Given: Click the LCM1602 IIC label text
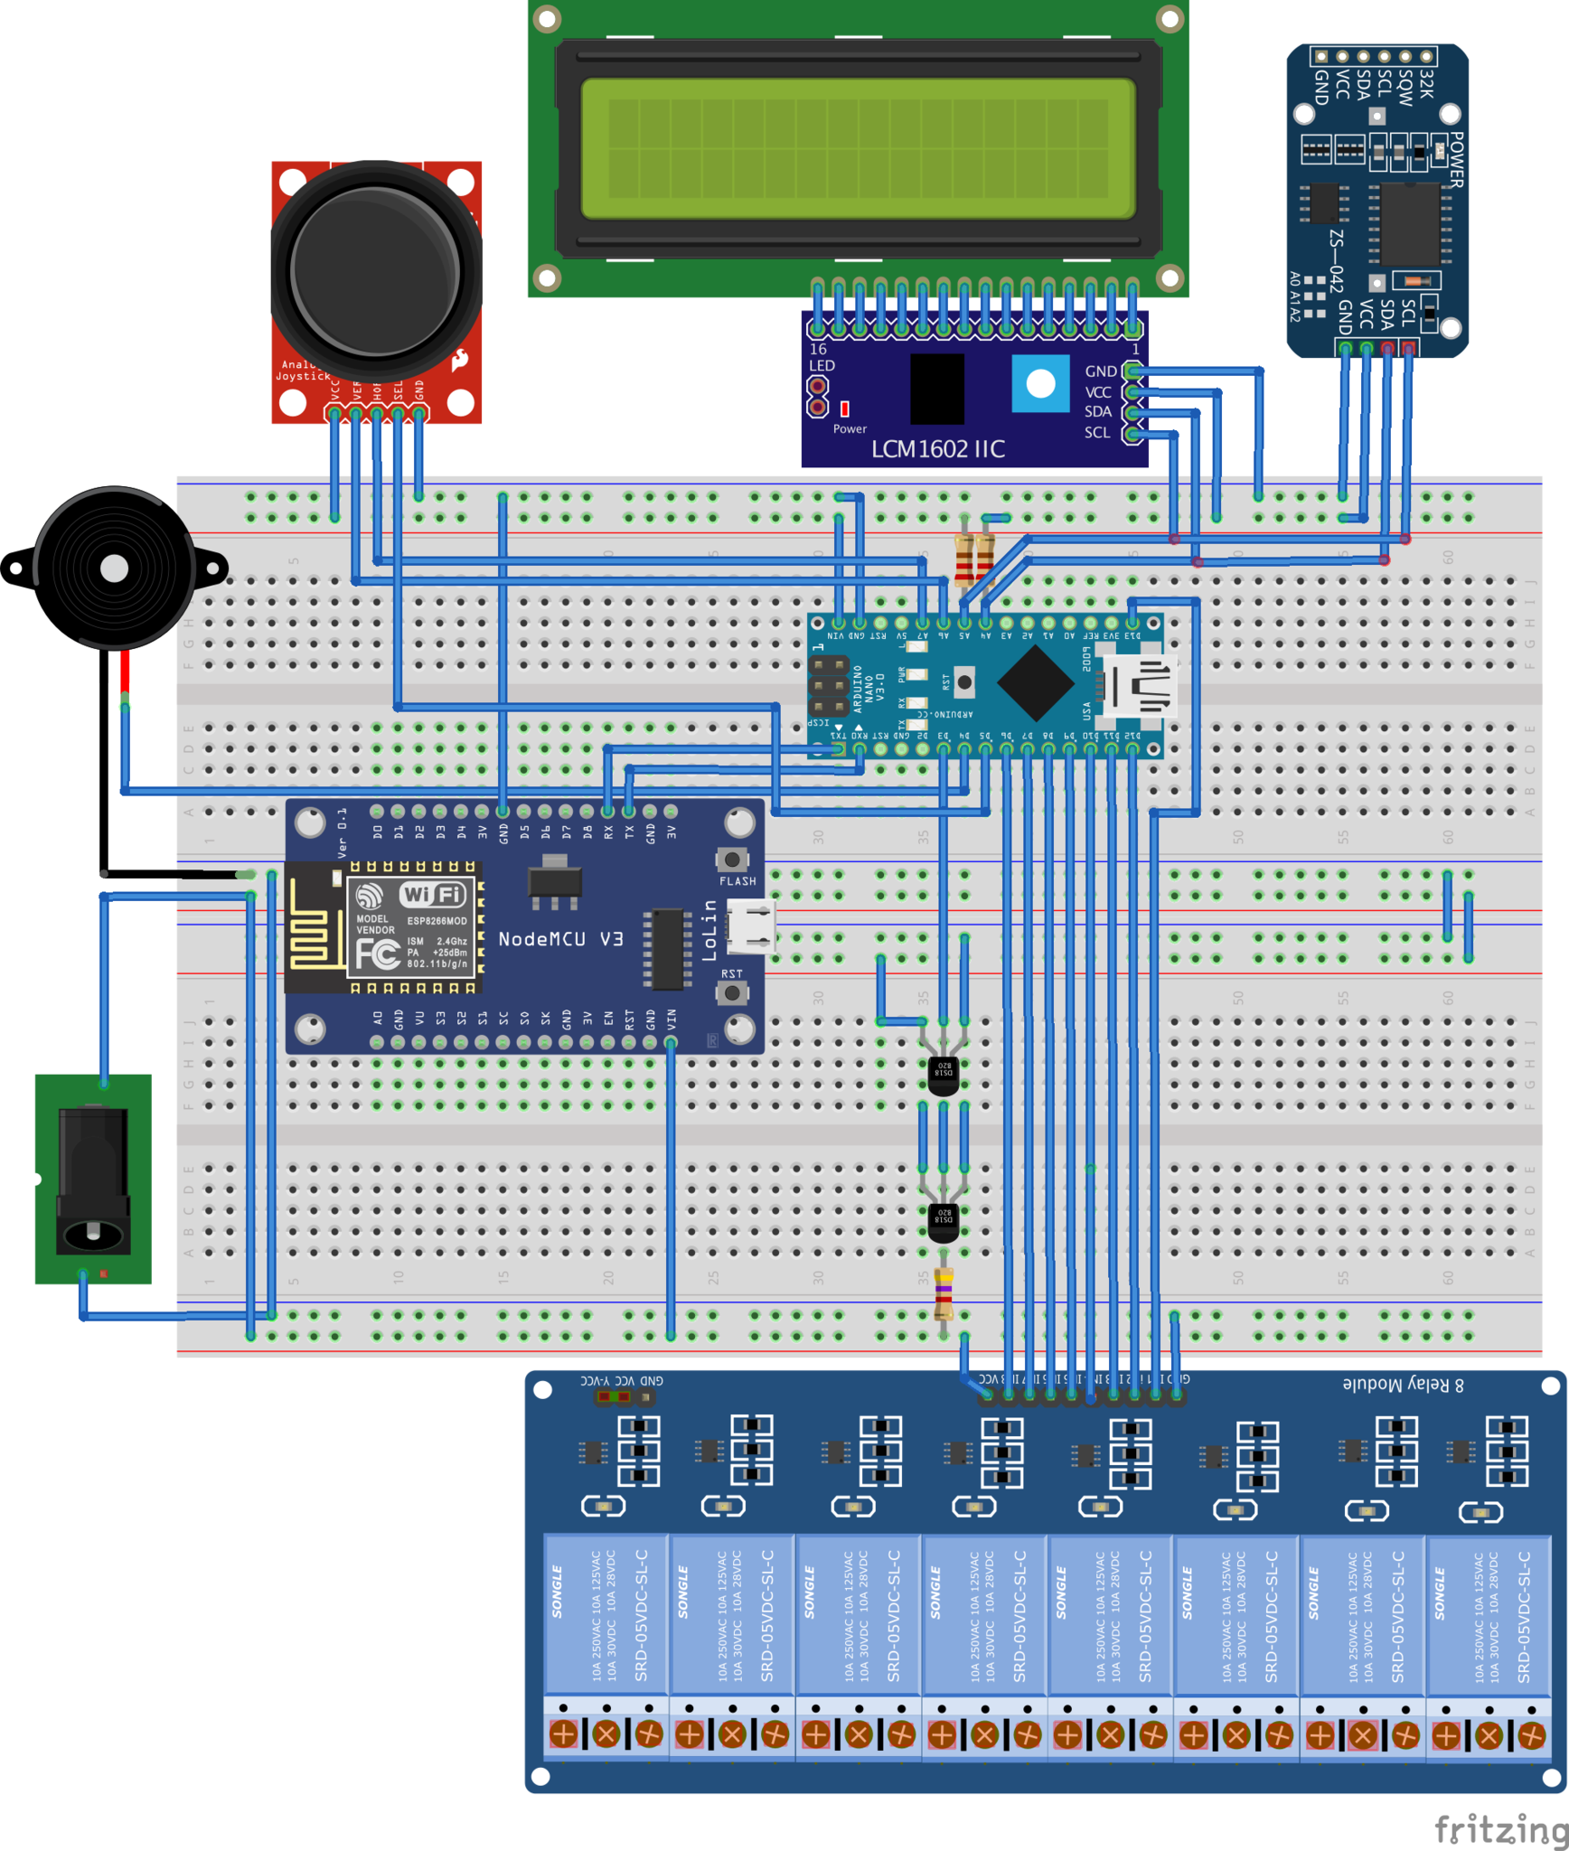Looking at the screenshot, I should (x=937, y=449).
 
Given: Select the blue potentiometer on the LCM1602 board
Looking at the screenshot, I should (x=1040, y=383).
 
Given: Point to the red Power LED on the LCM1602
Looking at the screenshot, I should (x=844, y=409).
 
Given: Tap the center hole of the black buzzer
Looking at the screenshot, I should (x=115, y=568).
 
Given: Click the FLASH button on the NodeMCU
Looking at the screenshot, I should (x=732, y=860).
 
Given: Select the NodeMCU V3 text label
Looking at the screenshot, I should (x=560, y=939).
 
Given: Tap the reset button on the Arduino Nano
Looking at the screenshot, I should (x=964, y=682).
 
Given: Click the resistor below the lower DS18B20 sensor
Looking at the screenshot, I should (x=944, y=1292).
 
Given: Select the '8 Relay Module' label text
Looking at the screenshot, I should (x=1403, y=1385).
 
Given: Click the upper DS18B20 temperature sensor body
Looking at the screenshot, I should (x=944, y=1074).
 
